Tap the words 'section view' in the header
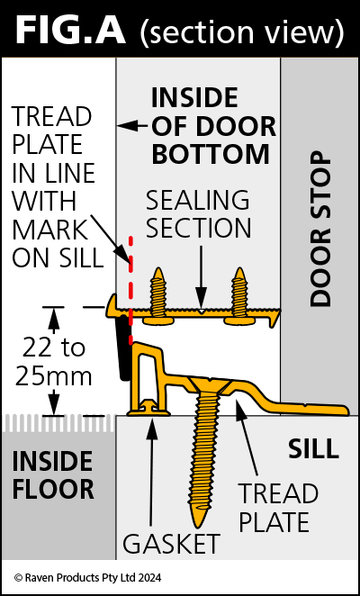tap(242, 32)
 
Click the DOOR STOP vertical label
tap(320, 230)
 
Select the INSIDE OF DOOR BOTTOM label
tap(213, 126)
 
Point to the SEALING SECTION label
tap(198, 214)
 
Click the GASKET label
tap(171, 544)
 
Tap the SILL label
tap(313, 448)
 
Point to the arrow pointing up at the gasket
tap(152, 474)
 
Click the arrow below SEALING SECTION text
tap(201, 278)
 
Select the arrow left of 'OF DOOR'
tap(132, 125)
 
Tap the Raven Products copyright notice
tap(88, 578)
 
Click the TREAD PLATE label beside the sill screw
tap(278, 508)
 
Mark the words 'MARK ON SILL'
tap(57, 244)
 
